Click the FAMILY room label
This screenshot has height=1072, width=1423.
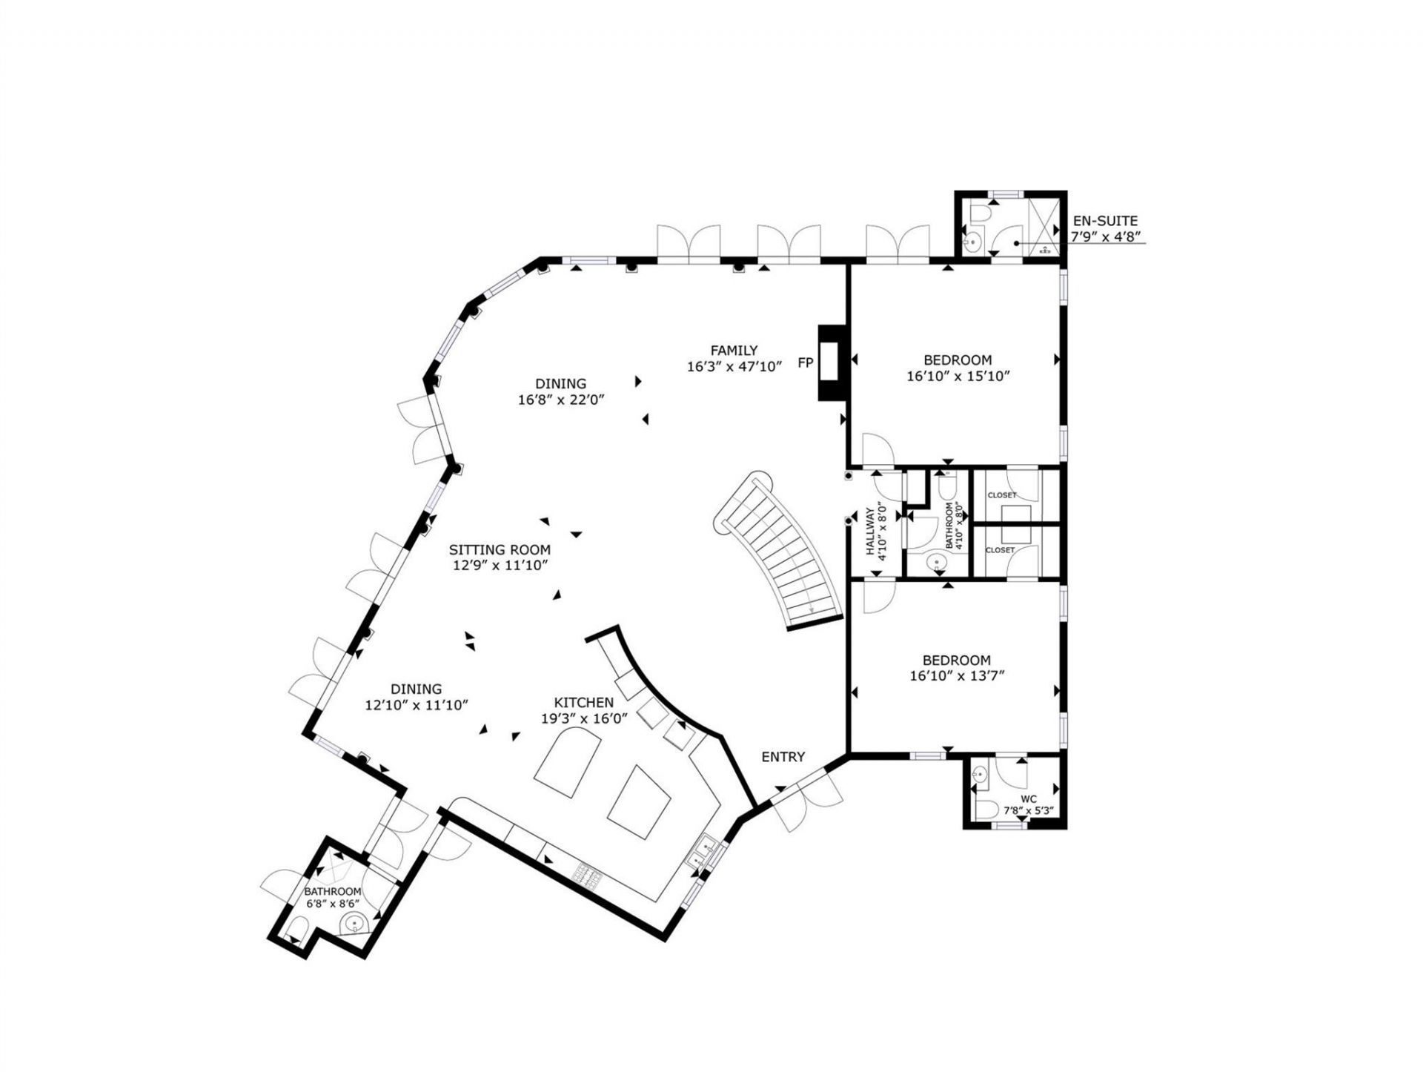pyautogui.click(x=734, y=351)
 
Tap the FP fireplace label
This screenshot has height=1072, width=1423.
pyautogui.click(x=806, y=363)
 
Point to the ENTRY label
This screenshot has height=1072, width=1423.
pyautogui.click(x=783, y=757)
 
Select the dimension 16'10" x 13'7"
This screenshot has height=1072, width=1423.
pyautogui.click(x=957, y=676)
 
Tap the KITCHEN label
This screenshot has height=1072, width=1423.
pyautogui.click(x=584, y=703)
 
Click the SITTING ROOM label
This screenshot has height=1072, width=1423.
pyautogui.click(x=500, y=550)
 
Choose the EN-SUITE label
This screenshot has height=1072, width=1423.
pyautogui.click(x=1104, y=221)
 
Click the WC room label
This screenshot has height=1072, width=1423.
pyautogui.click(x=1028, y=799)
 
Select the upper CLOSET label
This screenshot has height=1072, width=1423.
pyautogui.click(x=1001, y=495)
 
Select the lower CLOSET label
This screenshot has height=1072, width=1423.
pyautogui.click(x=1000, y=550)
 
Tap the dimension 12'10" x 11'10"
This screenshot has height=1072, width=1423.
pyautogui.click(x=417, y=705)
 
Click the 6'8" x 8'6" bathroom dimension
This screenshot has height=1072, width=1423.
pyautogui.click(x=333, y=904)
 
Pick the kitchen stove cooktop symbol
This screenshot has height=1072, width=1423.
pyautogui.click(x=586, y=878)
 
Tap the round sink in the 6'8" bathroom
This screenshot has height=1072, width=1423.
pyautogui.click(x=355, y=924)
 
